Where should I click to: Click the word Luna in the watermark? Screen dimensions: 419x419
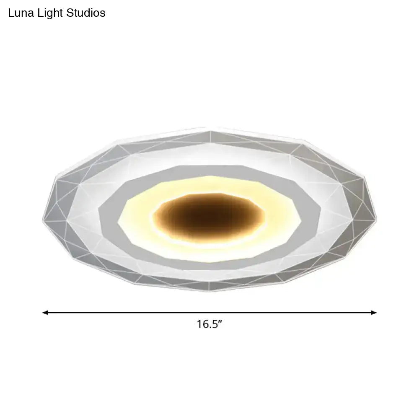click(21, 13)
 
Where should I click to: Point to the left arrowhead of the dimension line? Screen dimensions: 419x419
click(45, 312)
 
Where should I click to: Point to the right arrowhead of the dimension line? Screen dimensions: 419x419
click(374, 312)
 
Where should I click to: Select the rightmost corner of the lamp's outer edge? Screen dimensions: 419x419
click(376, 218)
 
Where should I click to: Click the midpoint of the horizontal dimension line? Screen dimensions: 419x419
click(209, 312)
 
